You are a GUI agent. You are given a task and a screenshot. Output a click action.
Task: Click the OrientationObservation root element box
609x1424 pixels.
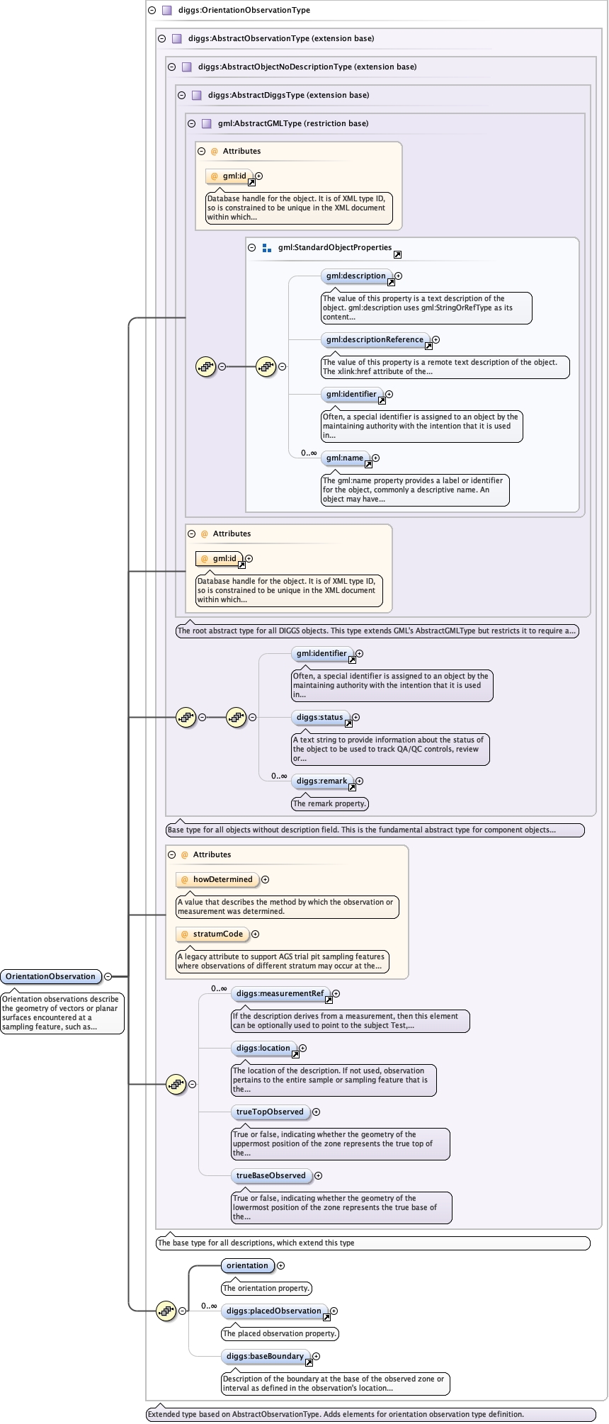click(50, 976)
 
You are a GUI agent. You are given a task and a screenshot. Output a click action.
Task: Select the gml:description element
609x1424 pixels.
click(355, 276)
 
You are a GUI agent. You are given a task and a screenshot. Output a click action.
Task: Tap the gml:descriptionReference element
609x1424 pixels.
click(375, 340)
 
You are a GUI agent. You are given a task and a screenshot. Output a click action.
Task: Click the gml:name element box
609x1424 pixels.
click(345, 458)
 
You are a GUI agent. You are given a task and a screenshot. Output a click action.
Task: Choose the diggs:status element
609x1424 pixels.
click(319, 718)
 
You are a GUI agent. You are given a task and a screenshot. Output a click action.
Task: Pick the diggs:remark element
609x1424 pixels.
click(321, 781)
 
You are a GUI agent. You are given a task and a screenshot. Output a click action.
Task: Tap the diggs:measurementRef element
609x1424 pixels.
click(280, 994)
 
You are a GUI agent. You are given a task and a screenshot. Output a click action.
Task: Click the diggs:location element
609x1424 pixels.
click(263, 1049)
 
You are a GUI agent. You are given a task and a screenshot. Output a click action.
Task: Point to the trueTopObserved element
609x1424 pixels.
click(269, 1112)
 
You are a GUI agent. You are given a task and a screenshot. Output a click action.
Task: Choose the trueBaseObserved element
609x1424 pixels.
click(271, 1176)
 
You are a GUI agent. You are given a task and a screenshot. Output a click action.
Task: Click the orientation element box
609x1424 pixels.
click(247, 1266)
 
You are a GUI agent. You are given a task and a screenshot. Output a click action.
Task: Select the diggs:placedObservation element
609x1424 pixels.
click(273, 1311)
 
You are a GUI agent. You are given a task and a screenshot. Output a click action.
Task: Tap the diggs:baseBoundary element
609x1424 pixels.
click(265, 1357)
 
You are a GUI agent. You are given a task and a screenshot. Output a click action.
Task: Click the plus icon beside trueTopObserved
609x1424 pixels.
click(316, 1112)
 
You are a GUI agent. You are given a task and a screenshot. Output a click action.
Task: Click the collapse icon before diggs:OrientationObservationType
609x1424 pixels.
click(152, 11)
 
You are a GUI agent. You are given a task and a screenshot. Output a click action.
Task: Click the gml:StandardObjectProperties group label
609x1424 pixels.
click(334, 248)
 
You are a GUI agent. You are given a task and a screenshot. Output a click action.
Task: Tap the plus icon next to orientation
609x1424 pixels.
click(280, 1266)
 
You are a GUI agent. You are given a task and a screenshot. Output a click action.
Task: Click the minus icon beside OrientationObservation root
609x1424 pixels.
click(108, 976)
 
